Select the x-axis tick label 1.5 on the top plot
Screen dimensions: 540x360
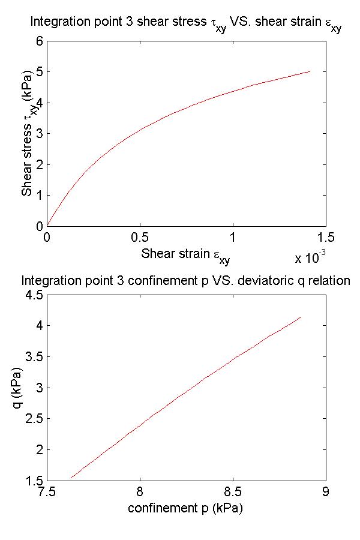[326, 237]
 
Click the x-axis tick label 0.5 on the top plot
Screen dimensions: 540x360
[140, 237]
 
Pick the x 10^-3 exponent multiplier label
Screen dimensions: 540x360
[310, 259]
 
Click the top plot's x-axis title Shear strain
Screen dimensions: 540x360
[185, 255]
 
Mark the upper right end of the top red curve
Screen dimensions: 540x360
[310, 71]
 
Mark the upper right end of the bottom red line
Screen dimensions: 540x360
[301, 317]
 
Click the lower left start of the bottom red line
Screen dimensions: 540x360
[71, 478]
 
